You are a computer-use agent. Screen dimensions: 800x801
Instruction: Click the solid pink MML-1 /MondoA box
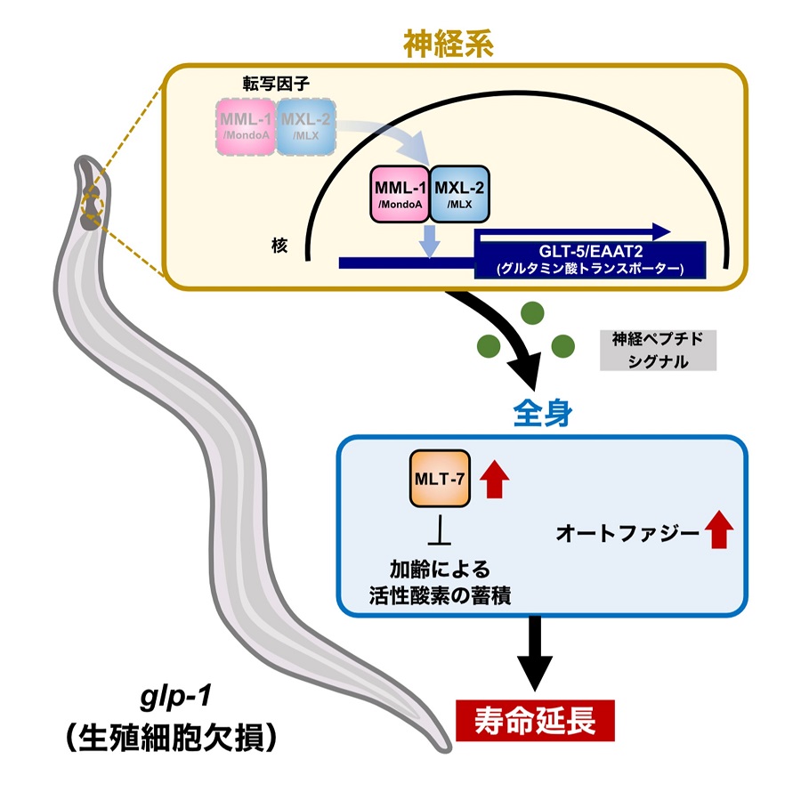click(399, 192)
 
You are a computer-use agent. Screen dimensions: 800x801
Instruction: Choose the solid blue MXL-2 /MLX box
click(459, 192)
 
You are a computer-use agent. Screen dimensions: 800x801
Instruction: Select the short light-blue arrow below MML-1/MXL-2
click(430, 241)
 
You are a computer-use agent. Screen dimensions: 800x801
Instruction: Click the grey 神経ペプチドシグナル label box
click(658, 349)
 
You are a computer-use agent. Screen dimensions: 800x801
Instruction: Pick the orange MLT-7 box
click(440, 479)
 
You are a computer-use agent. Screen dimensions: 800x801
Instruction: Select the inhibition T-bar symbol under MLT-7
click(440, 534)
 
